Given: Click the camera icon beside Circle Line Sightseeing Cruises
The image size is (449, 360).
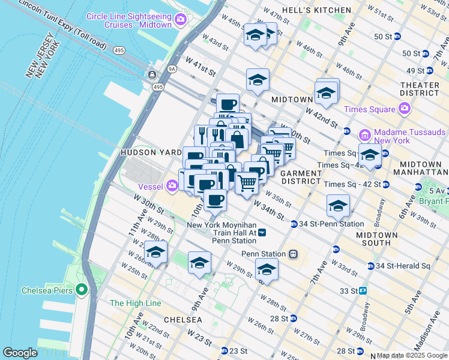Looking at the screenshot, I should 180,21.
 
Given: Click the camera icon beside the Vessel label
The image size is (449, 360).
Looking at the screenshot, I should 173,186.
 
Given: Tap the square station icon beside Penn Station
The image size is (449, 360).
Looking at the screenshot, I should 293,254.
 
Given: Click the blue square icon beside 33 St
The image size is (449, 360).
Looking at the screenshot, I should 363,291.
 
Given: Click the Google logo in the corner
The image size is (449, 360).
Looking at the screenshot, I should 20,352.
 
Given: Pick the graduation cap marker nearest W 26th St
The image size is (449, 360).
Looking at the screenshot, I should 155,252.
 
